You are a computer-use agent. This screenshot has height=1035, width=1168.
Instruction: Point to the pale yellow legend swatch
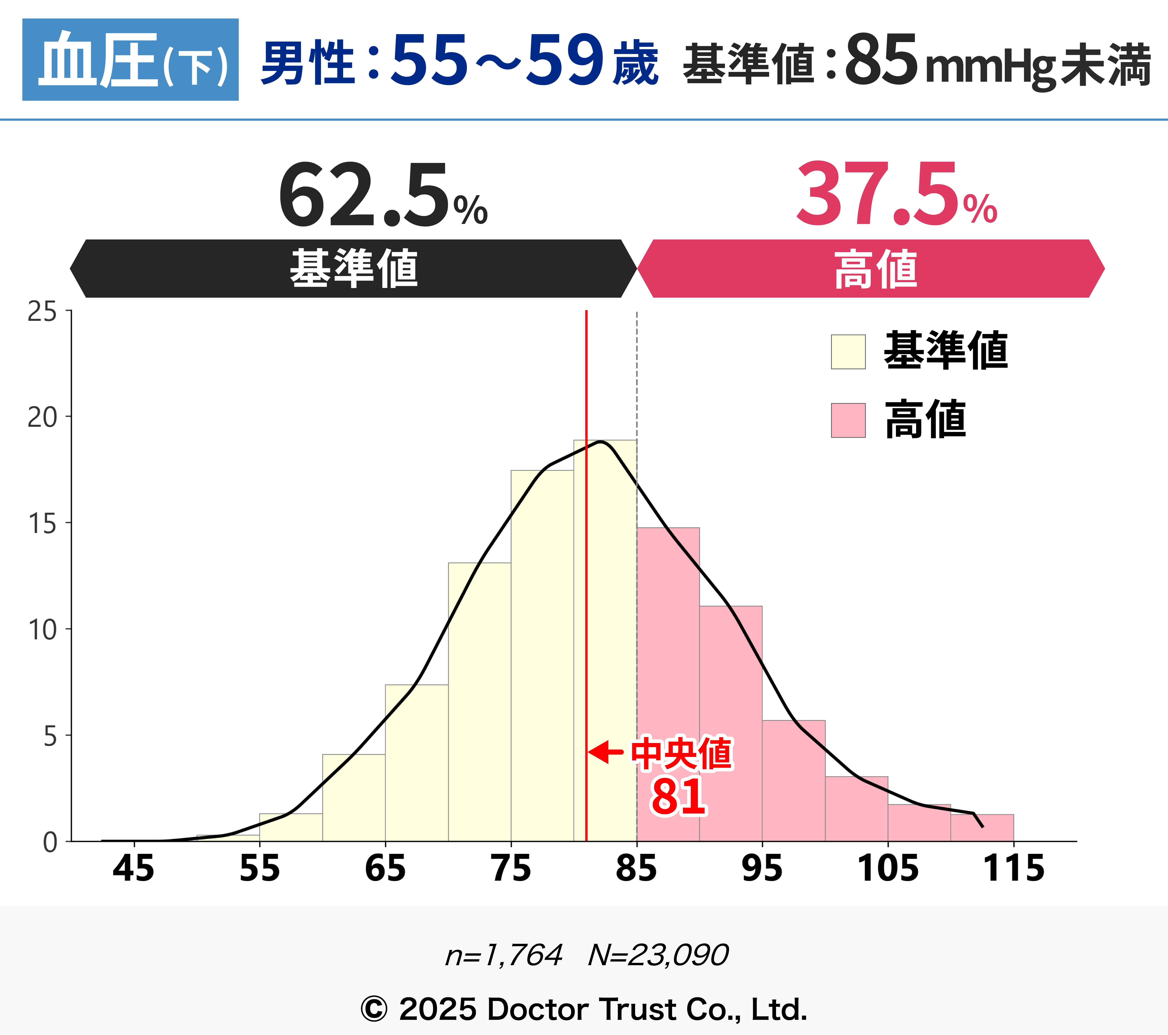point(848,351)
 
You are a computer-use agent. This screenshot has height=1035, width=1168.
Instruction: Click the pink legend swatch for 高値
point(848,420)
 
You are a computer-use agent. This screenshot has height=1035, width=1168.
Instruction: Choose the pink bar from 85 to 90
point(668,686)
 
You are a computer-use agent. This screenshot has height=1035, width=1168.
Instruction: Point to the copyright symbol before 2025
point(374,1009)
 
